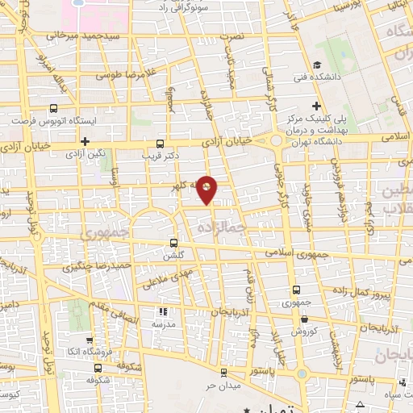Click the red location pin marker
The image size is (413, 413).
(x=208, y=190)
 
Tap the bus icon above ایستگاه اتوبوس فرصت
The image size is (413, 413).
(x=54, y=108)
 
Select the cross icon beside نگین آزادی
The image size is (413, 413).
(x=84, y=141)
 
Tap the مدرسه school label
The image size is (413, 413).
(x=163, y=323)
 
